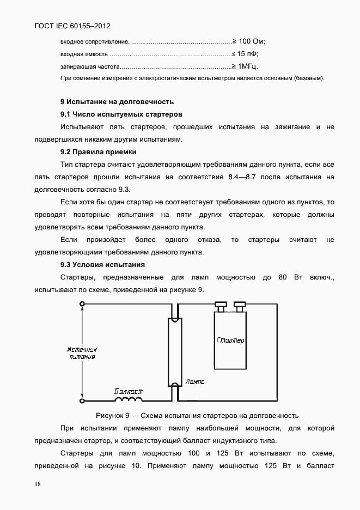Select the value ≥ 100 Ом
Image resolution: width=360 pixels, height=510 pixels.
(249, 41)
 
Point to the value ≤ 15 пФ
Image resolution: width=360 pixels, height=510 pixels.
(245, 54)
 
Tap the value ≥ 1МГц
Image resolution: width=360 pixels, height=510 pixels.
(245, 66)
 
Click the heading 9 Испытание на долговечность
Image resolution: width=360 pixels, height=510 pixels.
(117, 101)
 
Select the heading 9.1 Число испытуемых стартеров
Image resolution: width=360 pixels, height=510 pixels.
(121, 114)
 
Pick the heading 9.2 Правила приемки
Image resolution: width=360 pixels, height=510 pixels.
(98, 152)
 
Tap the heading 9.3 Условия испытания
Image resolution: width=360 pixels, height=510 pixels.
(102, 265)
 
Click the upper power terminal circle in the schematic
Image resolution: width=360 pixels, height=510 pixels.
(82, 305)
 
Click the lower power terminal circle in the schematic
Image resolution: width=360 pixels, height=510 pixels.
(82, 401)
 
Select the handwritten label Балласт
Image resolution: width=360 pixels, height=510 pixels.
(129, 391)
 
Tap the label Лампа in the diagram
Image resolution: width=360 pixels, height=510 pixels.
(194, 382)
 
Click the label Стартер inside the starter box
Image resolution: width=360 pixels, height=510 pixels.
(230, 341)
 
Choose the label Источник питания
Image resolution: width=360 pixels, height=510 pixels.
(82, 353)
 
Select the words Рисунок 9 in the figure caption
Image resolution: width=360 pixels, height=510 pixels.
(113, 415)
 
